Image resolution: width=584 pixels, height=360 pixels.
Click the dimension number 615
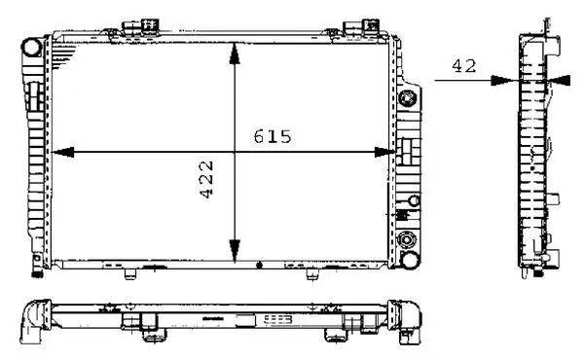[x=272, y=136]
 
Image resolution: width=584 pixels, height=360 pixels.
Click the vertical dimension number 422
[x=208, y=179]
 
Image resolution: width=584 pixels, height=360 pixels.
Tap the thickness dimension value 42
[x=462, y=66]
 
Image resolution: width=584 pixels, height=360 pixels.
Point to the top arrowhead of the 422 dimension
[x=234, y=54]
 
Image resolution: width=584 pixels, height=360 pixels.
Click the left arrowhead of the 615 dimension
[x=60, y=152]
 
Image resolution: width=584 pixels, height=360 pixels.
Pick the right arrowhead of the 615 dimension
[x=387, y=152]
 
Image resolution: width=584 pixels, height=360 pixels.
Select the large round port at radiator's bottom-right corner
[x=409, y=240]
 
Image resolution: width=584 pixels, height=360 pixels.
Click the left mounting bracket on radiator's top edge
[x=132, y=28]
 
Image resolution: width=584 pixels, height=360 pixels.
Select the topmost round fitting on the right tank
[x=409, y=100]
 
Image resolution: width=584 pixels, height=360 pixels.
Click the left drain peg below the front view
[x=128, y=273]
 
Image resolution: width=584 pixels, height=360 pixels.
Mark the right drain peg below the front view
[x=311, y=273]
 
